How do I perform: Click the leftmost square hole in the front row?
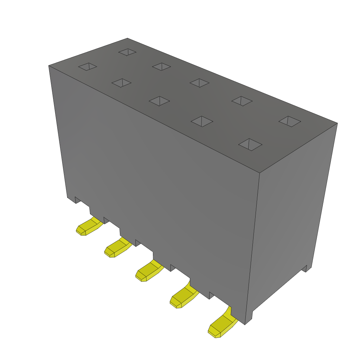pos(87,66)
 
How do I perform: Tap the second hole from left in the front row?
pos(121,83)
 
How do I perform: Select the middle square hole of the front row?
pos(159,101)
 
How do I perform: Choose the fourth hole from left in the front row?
pos(202,121)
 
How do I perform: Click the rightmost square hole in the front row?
pos(250,144)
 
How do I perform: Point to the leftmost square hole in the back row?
pos(127,52)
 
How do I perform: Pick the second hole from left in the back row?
pos(161,66)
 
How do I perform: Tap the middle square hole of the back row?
pos(199,83)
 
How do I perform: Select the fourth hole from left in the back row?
pos(242,101)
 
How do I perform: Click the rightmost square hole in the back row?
pos(290,122)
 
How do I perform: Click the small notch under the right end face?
pos(305,269)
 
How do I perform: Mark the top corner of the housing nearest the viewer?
pos(259,173)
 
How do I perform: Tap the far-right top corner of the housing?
pos(337,123)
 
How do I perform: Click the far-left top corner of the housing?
pos(49,66)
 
